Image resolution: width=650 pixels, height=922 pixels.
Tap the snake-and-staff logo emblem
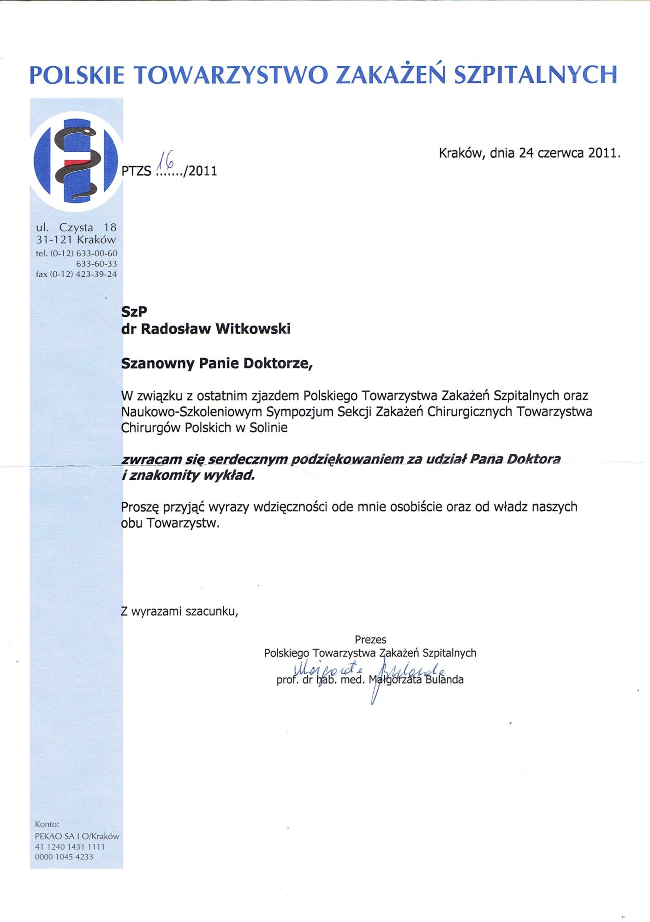(76, 161)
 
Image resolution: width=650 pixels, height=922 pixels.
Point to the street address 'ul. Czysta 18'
(76, 227)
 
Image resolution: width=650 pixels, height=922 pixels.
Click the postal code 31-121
(55, 240)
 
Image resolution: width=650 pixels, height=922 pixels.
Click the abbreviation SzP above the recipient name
(134, 312)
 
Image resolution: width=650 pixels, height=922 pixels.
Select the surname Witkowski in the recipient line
(253, 329)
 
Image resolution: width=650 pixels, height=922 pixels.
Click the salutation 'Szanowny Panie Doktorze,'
(217, 363)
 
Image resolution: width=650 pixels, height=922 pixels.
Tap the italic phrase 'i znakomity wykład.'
(188, 476)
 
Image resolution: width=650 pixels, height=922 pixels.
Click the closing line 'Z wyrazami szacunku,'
(179, 612)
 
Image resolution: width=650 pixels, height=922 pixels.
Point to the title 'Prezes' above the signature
(370, 640)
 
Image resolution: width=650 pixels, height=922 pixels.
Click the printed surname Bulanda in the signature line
(445, 680)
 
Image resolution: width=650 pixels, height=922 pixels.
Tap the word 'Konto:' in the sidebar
(47, 824)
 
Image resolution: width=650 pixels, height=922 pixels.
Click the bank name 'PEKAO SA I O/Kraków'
(77, 836)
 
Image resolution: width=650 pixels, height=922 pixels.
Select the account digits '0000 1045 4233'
(64, 857)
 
